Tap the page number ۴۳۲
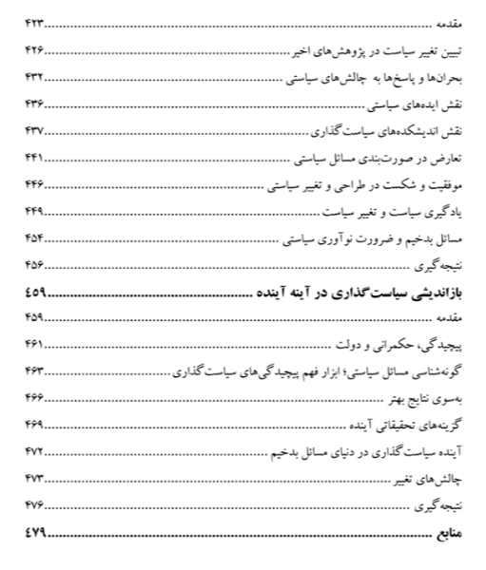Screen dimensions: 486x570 [35, 75]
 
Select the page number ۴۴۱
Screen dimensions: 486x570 [35, 155]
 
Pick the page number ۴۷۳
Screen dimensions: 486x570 [35, 475]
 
